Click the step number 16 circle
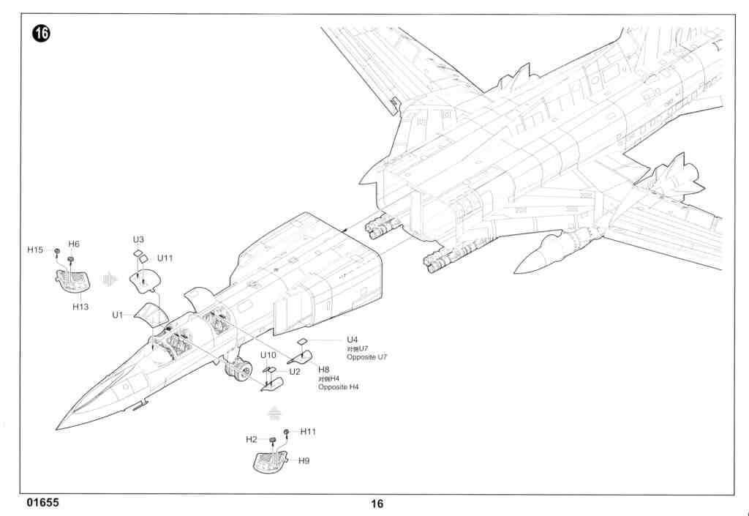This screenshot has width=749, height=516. click(41, 34)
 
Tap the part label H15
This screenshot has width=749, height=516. click(35, 250)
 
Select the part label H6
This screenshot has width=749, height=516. click(74, 244)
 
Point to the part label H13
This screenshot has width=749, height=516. click(80, 307)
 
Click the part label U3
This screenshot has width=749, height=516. click(138, 239)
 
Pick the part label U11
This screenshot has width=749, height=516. click(165, 258)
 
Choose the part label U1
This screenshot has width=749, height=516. click(117, 315)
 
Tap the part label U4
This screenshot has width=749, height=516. click(353, 340)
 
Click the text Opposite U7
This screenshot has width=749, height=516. click(366, 356)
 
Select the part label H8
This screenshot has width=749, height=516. click(324, 370)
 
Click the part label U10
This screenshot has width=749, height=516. click(268, 355)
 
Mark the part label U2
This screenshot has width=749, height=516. click(295, 371)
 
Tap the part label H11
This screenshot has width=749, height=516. click(308, 431)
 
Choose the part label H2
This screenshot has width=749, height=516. click(251, 439)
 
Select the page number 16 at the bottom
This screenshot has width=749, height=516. click(377, 504)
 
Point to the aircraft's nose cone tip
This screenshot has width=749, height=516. click(58, 429)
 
